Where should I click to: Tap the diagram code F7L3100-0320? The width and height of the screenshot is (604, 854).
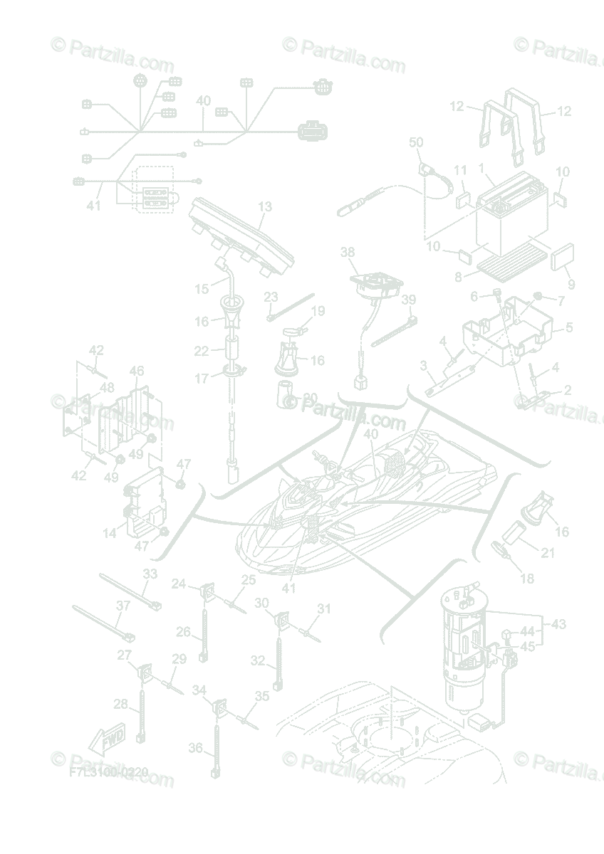(x=108, y=771)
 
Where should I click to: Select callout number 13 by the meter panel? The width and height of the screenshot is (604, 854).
(x=265, y=207)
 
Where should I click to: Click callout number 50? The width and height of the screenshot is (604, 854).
(x=416, y=143)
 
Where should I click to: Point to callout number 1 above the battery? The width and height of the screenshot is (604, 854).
(x=482, y=169)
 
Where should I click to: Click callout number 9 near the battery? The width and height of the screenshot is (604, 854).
(x=571, y=284)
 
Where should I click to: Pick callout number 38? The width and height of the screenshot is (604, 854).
(x=347, y=252)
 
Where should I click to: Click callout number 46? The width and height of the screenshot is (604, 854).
(x=137, y=371)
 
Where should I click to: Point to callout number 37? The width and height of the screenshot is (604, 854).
(x=123, y=606)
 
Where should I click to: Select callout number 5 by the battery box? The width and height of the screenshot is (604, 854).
(x=569, y=328)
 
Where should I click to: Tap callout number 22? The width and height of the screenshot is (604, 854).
(x=202, y=351)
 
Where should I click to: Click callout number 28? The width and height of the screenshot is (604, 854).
(x=120, y=705)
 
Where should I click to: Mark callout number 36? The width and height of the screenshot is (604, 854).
(x=196, y=748)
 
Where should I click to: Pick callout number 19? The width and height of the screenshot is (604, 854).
(x=318, y=310)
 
